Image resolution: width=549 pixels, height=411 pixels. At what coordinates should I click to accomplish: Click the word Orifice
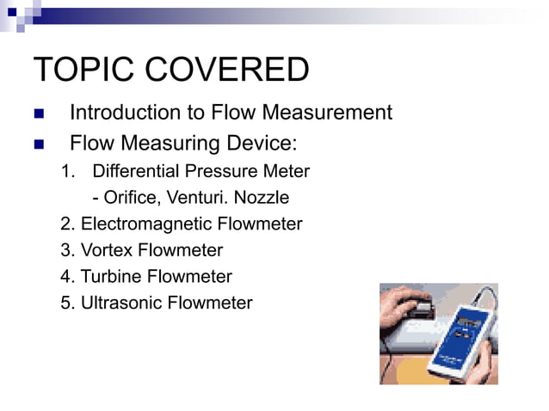[x=126, y=199]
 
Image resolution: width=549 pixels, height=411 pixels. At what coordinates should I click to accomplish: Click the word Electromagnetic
[x=151, y=224]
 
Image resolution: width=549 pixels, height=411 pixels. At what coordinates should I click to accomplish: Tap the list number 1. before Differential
[x=69, y=172]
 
